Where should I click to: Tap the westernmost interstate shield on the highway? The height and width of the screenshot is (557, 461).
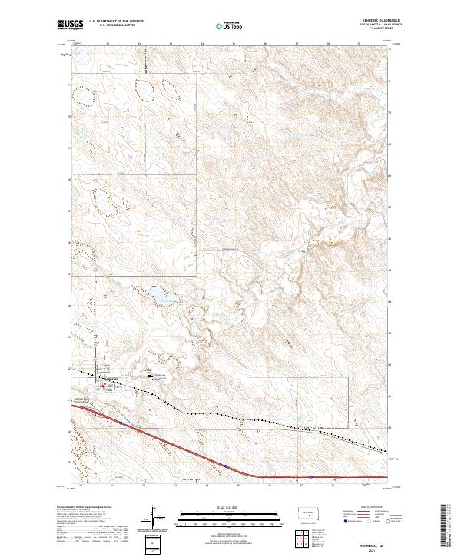pyautogui.click(x=121, y=422)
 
